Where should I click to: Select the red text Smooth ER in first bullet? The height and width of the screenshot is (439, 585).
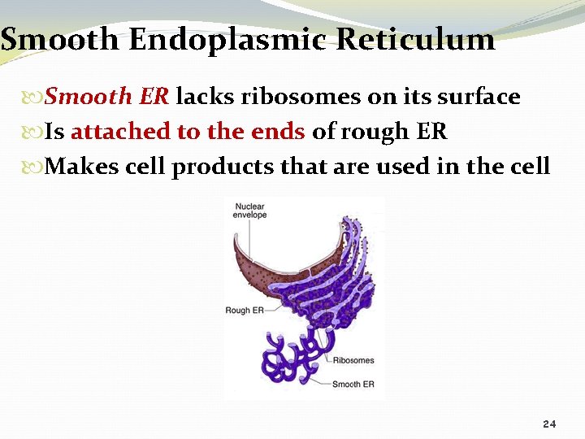tap(106, 97)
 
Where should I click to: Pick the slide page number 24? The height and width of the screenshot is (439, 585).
tap(549, 424)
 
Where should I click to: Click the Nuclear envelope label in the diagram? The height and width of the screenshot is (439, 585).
tap(250, 211)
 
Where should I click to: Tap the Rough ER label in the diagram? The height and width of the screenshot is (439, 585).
tap(244, 310)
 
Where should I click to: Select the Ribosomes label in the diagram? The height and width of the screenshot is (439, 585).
tap(353, 360)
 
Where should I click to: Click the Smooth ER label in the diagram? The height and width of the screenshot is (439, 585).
tap(353, 383)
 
